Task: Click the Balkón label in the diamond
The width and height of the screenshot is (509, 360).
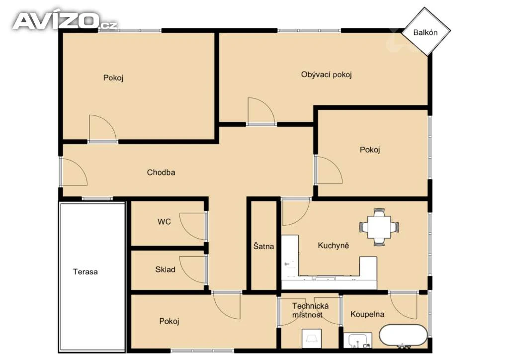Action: [x=425, y=32]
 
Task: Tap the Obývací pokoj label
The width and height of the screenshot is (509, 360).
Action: [x=326, y=75]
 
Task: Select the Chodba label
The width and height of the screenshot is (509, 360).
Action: [x=161, y=173]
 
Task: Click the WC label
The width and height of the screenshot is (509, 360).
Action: [x=164, y=222]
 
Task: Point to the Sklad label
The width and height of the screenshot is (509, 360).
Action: [x=165, y=270]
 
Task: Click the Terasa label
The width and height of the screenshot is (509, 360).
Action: [x=85, y=271]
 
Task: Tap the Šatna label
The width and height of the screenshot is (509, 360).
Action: [x=263, y=246]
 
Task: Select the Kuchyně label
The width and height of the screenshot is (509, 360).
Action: [x=334, y=245]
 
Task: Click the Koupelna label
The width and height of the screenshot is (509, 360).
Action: [x=367, y=314]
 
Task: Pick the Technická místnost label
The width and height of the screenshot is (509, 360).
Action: [x=310, y=310]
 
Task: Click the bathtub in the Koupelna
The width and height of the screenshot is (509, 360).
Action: [x=403, y=336]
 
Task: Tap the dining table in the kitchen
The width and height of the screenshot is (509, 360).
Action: [x=379, y=227]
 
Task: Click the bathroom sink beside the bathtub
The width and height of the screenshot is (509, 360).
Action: [x=358, y=341]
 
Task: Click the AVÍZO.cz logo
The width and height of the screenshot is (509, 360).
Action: [x=65, y=21]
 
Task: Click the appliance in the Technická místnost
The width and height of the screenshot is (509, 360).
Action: [x=312, y=339]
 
